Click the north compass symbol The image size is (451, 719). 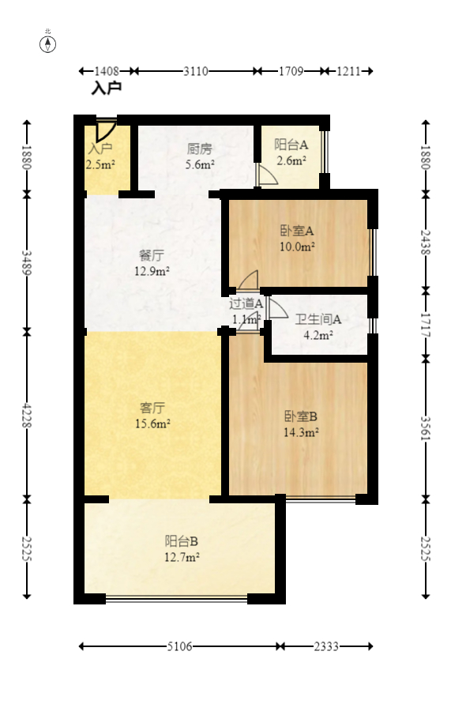(x=47, y=43)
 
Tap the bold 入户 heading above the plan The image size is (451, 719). (x=107, y=88)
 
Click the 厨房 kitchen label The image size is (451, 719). (x=200, y=149)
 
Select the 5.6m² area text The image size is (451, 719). (x=200, y=164)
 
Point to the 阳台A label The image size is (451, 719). (x=291, y=145)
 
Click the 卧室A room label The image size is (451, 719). (x=297, y=232)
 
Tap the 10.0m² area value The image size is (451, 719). (x=297, y=247)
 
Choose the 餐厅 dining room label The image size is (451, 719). (x=152, y=256)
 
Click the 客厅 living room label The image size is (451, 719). (x=152, y=408)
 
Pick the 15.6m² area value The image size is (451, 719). (x=152, y=423)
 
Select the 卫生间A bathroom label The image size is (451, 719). (x=318, y=320)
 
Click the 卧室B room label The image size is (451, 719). (x=300, y=416)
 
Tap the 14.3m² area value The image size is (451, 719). (x=300, y=432)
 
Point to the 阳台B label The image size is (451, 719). (x=181, y=541)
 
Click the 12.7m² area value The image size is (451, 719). (x=181, y=557)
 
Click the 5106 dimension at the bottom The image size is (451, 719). (x=179, y=646)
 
